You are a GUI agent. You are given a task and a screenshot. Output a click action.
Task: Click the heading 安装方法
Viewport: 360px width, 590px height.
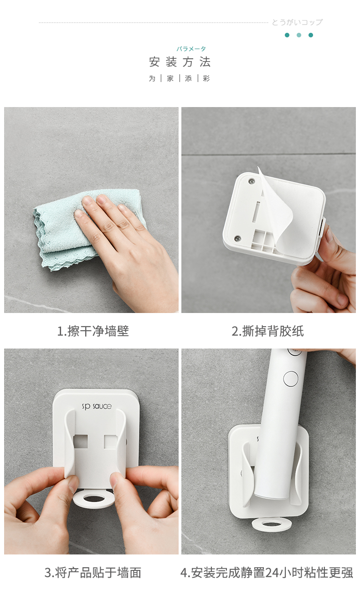coord(180,62)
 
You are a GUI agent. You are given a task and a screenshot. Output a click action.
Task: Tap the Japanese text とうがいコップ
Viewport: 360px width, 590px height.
coord(297,22)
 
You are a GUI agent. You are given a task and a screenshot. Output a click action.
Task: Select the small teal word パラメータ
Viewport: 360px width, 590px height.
coord(191,49)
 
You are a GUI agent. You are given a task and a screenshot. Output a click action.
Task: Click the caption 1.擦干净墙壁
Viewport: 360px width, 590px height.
coord(93,331)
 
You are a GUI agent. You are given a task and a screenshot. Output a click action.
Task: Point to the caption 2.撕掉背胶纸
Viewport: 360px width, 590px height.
coord(268,331)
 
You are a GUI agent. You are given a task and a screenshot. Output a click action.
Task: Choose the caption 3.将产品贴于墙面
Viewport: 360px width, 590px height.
coord(93,573)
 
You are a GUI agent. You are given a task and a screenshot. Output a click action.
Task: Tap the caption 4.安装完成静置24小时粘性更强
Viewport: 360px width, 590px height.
coord(267,573)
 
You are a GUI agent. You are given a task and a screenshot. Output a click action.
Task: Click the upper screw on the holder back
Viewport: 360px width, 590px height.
coord(252,181)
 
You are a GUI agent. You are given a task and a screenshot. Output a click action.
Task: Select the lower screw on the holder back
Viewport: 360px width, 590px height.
coord(238,239)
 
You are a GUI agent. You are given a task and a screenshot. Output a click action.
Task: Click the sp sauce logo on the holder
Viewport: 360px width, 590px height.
coord(97,406)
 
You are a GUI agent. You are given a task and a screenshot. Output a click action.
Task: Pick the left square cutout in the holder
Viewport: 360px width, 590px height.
coord(80,441)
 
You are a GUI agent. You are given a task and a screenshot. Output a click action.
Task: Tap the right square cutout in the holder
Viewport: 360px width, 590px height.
coord(111,441)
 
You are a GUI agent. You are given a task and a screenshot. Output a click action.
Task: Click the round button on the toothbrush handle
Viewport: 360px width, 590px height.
coord(291,379)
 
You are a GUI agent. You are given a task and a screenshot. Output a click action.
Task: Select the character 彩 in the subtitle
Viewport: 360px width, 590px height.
coord(206,78)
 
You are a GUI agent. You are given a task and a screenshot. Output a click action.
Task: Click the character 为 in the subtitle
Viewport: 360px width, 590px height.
coord(152,78)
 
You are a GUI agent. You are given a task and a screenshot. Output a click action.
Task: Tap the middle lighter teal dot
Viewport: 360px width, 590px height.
coord(299,35)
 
